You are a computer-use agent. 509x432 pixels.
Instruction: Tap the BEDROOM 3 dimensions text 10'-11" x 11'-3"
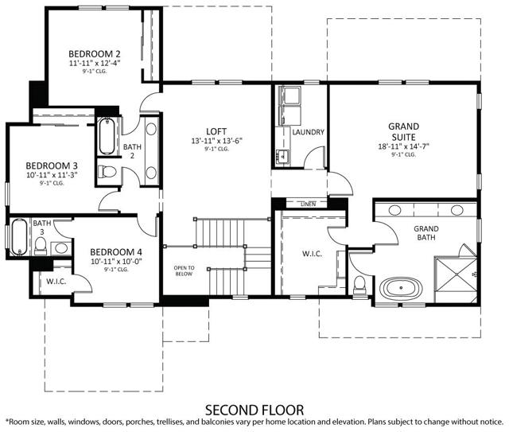(x=42, y=173)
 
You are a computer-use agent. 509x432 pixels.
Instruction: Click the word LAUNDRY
(x=308, y=132)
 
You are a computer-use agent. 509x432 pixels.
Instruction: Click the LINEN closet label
(x=308, y=204)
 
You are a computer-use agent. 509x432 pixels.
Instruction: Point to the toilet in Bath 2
(x=107, y=171)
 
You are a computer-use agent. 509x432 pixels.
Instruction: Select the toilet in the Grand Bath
(x=360, y=283)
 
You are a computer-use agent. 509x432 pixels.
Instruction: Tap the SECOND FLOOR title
(x=254, y=410)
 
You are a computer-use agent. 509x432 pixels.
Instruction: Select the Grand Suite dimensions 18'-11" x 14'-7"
(x=404, y=146)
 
